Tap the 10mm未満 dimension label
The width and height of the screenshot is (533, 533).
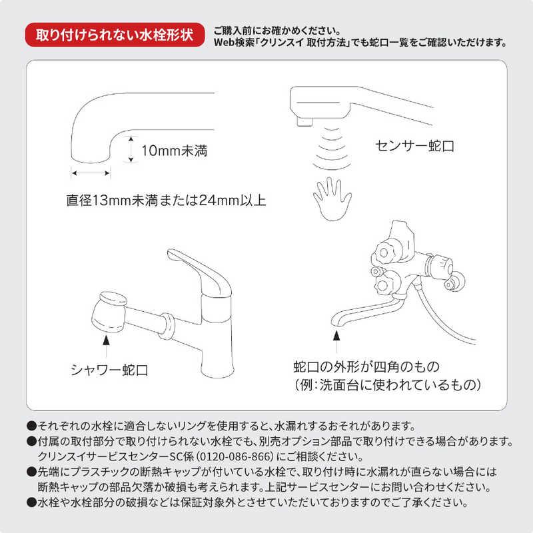point(175,151)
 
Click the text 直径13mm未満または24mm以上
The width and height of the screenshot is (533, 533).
point(166,200)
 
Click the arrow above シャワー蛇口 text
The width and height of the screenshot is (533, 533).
point(105,342)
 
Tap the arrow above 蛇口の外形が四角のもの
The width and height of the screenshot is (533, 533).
point(336,344)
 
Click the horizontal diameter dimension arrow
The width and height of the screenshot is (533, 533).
point(91,173)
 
